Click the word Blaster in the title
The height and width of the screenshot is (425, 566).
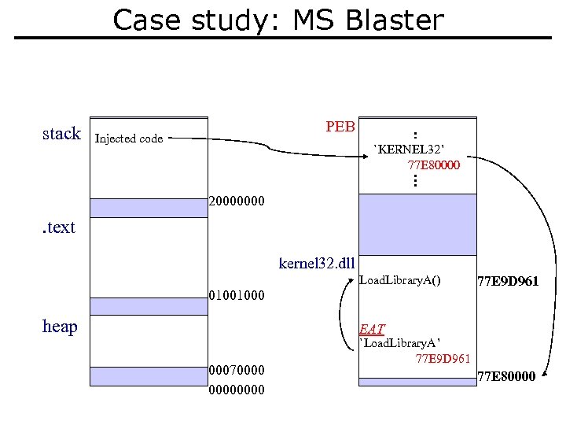(x=395, y=20)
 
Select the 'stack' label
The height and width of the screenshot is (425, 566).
(x=62, y=133)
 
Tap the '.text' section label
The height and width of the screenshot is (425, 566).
(x=59, y=227)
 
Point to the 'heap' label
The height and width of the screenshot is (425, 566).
(x=60, y=327)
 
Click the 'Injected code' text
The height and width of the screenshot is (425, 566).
(x=129, y=139)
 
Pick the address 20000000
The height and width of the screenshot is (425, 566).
(x=237, y=201)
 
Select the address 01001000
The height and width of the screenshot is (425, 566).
(x=237, y=295)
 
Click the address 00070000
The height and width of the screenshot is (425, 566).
(x=237, y=370)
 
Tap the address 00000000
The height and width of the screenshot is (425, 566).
(x=237, y=390)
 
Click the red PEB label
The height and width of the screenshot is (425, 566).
(x=340, y=127)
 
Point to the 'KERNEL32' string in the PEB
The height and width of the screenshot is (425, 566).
(x=409, y=150)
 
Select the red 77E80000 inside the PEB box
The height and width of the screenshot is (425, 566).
(x=434, y=165)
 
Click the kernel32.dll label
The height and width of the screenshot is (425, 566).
(x=317, y=263)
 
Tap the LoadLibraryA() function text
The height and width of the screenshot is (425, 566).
(x=400, y=280)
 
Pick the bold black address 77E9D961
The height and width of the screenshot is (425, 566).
(x=508, y=281)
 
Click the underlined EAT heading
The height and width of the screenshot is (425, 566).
(x=372, y=329)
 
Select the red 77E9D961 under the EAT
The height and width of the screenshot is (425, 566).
(x=443, y=359)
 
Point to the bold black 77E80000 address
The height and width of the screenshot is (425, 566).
(x=506, y=376)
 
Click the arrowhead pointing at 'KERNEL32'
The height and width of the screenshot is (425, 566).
(x=366, y=157)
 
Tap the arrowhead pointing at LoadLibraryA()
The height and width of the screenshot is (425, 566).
(x=351, y=280)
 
